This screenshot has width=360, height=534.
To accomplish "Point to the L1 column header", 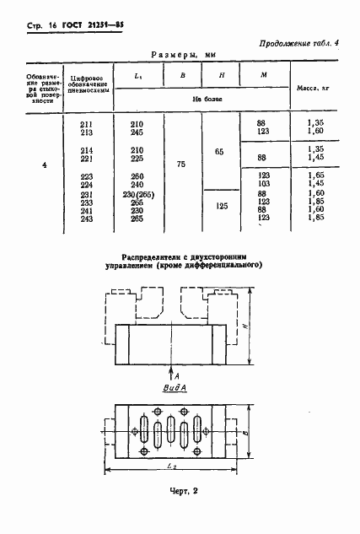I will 137,76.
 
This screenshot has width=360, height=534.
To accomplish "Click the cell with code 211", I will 86,124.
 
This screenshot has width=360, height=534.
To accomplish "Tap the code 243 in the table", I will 86,218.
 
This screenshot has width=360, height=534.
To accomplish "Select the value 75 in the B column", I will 181,165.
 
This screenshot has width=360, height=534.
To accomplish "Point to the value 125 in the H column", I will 220,205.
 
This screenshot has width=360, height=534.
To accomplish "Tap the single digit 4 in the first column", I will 44,165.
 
